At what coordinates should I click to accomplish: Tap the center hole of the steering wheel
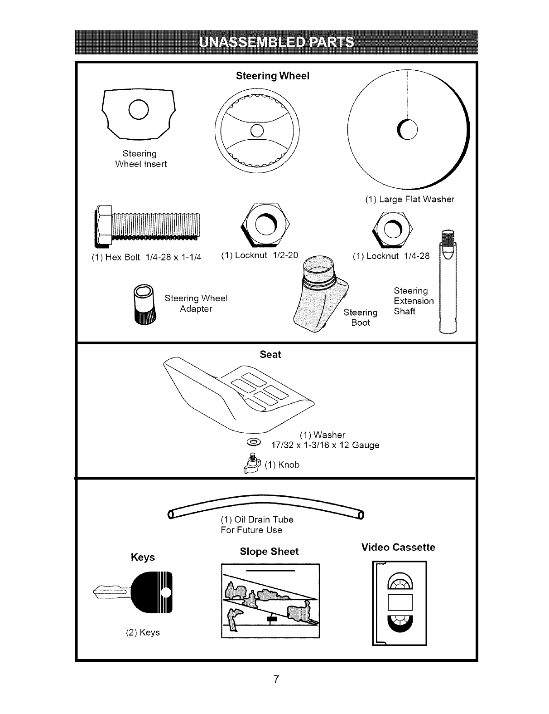coord(257,131)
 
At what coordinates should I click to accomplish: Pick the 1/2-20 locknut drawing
coord(265,224)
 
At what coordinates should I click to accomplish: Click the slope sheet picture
coord(270,600)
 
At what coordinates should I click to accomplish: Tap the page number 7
coord(275,679)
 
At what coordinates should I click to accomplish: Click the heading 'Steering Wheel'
coord(272,76)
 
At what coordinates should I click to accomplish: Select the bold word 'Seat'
coord(270,355)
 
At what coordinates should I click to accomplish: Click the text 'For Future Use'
coord(251,530)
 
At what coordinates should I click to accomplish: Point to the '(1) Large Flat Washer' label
coord(409,199)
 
